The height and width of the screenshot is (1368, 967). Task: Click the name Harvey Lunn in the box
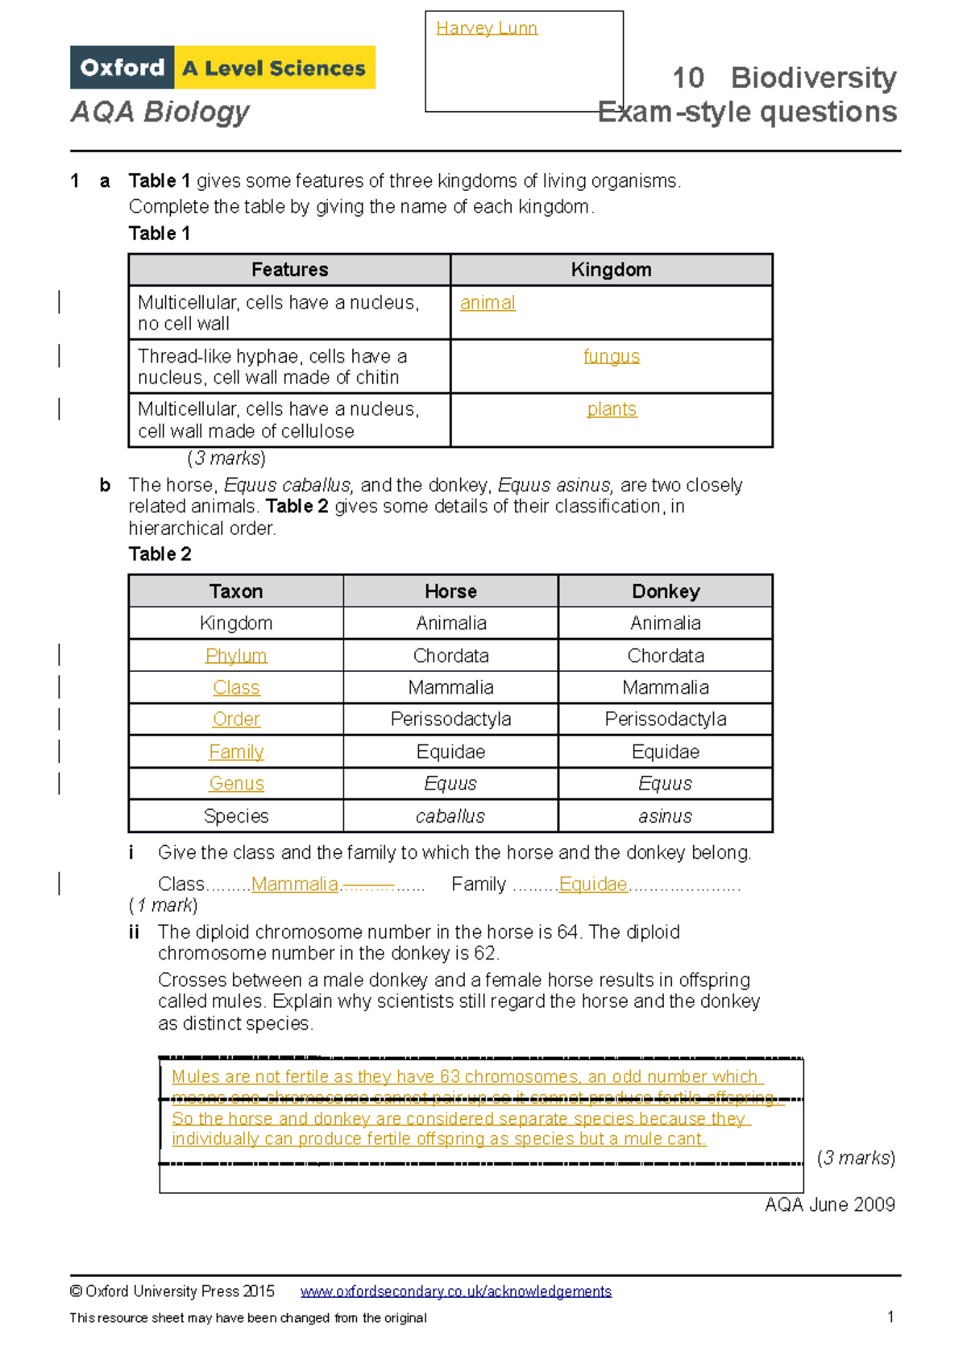click(x=486, y=28)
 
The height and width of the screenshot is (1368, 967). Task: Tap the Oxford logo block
click(x=122, y=68)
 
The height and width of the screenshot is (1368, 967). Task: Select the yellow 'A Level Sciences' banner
click(x=274, y=68)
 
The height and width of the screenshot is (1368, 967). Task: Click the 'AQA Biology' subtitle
click(x=160, y=111)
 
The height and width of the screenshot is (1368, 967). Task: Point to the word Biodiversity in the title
click(x=813, y=78)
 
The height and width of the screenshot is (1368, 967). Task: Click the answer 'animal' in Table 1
click(x=488, y=303)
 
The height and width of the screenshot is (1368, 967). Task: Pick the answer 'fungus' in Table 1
click(x=612, y=356)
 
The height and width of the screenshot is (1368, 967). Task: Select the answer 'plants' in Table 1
click(x=612, y=409)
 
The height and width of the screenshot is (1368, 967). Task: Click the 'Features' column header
click(x=289, y=270)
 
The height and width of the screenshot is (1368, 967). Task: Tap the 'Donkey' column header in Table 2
click(x=666, y=591)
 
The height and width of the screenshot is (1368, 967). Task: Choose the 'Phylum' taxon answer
click(x=236, y=656)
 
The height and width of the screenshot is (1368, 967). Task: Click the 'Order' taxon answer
click(x=236, y=719)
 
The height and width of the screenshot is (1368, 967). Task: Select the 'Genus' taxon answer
click(x=236, y=784)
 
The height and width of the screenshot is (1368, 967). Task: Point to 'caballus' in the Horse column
click(x=450, y=816)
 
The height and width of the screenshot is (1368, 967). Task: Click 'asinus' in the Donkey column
click(x=666, y=816)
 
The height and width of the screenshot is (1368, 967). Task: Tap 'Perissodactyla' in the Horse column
click(x=450, y=719)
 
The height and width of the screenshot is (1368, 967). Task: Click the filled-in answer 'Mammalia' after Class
click(x=295, y=885)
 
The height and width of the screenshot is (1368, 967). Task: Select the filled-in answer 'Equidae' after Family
click(x=593, y=885)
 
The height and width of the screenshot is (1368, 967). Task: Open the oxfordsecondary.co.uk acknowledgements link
click(x=456, y=1291)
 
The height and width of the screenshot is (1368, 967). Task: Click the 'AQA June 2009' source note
click(x=830, y=1204)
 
